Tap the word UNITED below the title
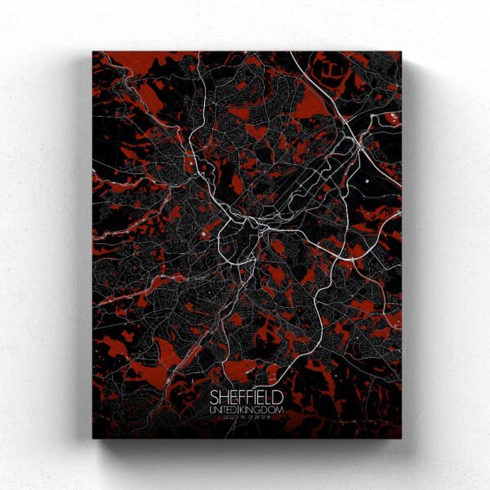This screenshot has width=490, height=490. pos(226,408)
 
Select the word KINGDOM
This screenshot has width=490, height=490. pos(264,408)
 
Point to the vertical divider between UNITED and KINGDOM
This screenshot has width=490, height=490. pos(244,408)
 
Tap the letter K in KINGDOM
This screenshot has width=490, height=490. pos(248,408)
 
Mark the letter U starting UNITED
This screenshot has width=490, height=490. pos(212,408)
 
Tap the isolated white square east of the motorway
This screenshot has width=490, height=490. pos(369,178)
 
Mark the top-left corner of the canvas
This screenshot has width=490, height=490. pos(93,52)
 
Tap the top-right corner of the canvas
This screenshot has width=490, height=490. pos(402,52)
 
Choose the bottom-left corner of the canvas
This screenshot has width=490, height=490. pos(93,438)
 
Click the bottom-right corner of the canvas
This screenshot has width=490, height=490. pos(402,438)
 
